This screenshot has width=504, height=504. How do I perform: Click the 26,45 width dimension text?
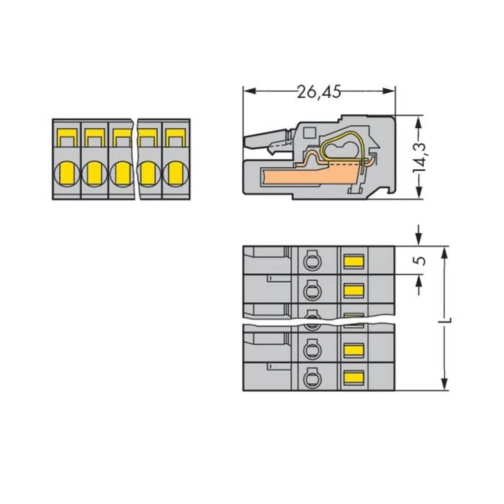click(319, 92)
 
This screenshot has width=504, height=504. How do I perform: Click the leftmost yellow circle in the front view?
click(66, 173)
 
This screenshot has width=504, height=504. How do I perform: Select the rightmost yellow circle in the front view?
click(175, 173)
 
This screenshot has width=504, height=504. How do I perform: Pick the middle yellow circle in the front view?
click(121, 173)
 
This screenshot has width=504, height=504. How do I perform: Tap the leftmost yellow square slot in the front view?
click(66, 137)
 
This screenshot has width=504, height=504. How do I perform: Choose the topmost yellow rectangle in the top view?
click(354, 261)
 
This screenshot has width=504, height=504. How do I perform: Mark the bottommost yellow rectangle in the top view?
click(354, 376)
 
